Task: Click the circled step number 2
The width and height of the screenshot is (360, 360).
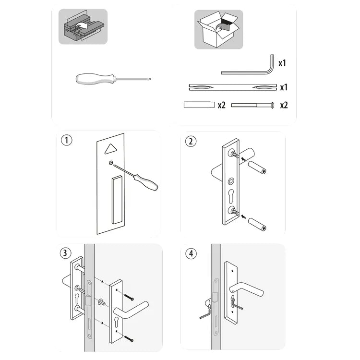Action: tap(191, 141)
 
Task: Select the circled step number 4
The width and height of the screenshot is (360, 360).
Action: tap(191, 253)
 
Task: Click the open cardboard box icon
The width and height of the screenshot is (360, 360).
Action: tap(218, 29)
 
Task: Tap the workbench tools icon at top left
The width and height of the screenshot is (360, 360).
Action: tap(83, 26)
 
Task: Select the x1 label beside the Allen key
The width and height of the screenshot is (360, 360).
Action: tap(283, 63)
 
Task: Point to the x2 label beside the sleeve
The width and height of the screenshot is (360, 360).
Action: tap(221, 105)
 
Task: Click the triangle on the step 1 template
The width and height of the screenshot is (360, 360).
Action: tap(111, 149)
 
